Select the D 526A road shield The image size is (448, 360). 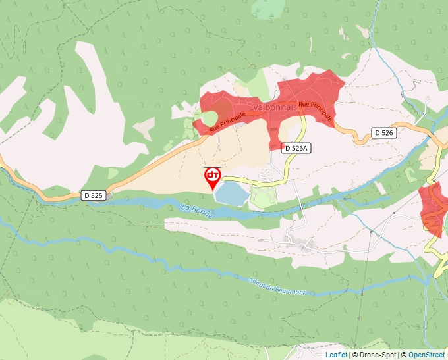[295, 148]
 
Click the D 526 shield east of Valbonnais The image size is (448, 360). [383, 133]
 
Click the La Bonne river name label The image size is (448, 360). [196, 210]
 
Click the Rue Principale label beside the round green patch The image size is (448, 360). [228, 123]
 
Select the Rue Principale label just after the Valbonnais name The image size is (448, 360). [315, 112]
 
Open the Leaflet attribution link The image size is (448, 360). [336, 355]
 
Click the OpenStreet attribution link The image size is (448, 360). [426, 355]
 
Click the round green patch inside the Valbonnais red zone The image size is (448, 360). [209, 118]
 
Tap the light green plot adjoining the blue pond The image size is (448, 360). [264, 196]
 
